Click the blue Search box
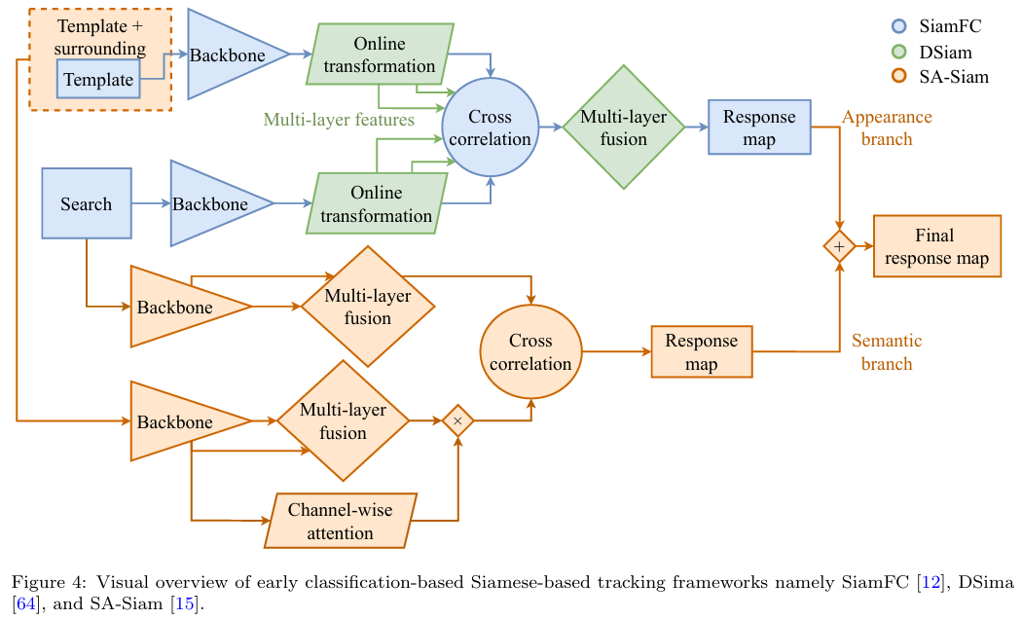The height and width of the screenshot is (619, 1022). tap(87, 203)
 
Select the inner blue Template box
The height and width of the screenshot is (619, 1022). tap(99, 79)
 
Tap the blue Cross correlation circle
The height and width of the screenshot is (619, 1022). tap(490, 127)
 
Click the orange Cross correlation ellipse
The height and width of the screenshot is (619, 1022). tap(530, 352)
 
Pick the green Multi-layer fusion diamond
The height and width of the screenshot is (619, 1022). tap(623, 127)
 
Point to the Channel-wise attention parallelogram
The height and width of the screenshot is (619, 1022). tap(341, 520)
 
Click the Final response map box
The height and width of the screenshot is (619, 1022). tap(936, 247)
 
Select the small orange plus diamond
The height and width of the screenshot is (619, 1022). tap(838, 247)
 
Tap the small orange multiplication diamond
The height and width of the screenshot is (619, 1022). tap(457, 420)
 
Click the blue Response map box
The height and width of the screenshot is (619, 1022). tap(759, 127)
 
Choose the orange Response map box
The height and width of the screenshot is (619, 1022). tap(701, 352)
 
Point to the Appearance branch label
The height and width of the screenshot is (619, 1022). tap(887, 127)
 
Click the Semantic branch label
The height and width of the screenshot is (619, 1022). tap(887, 352)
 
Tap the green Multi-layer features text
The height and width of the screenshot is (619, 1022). tap(339, 120)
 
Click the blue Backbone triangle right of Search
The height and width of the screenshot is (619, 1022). tap(214, 203)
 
